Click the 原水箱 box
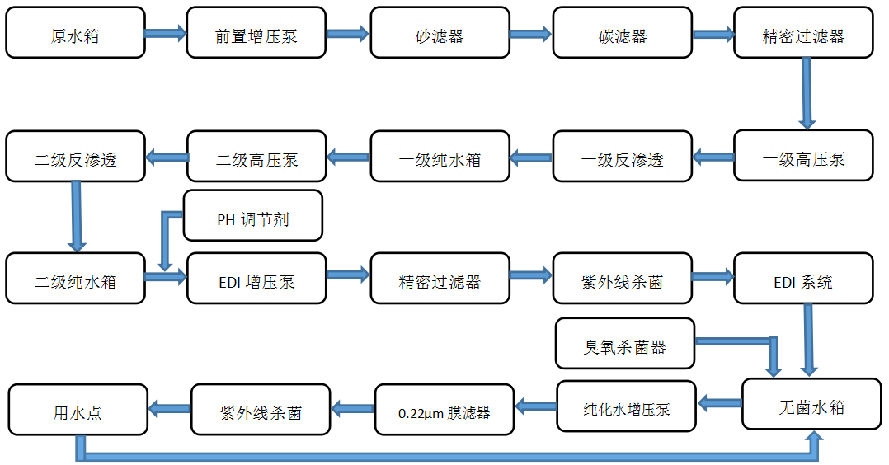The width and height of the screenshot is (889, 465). [76, 33]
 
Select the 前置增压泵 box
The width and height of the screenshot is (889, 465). [256, 33]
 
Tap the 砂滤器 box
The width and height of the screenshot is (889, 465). [440, 33]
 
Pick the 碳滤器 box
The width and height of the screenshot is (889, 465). [622, 33]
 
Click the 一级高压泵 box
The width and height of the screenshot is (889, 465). [803, 156]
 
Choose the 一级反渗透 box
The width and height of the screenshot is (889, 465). [622, 156]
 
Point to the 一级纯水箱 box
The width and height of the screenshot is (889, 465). [440, 156]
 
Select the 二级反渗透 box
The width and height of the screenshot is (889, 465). [76, 156]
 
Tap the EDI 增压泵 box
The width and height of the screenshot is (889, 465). [256, 278]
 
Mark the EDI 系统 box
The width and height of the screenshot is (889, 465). [803, 278]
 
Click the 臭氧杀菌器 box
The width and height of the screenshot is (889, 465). [625, 343]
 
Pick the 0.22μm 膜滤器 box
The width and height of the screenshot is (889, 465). [444, 410]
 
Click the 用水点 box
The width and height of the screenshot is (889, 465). [78, 409]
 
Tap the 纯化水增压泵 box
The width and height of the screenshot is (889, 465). [627, 406]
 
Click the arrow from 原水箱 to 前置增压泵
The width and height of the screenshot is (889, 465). [166, 33]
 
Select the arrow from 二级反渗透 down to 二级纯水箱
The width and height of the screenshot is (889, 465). [77, 216]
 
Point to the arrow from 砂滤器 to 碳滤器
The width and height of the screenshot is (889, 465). [530, 33]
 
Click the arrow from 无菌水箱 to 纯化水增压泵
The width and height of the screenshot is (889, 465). [720, 403]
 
